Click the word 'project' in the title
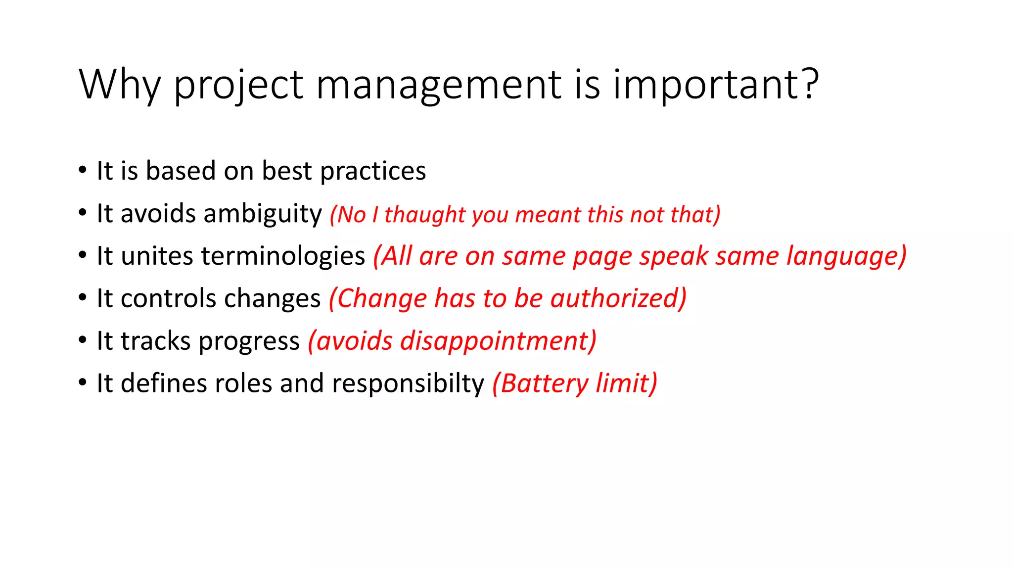(238, 85)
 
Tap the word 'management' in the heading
(439, 85)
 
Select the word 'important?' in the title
(716, 85)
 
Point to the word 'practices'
(373, 171)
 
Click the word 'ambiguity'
(263, 214)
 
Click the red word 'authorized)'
(618, 298)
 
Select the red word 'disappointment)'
(498, 341)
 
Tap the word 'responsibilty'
(408, 384)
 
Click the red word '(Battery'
(540, 384)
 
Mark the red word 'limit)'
(627, 383)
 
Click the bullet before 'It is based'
(83, 170)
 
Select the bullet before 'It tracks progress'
(83, 340)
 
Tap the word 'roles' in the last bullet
(242, 383)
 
